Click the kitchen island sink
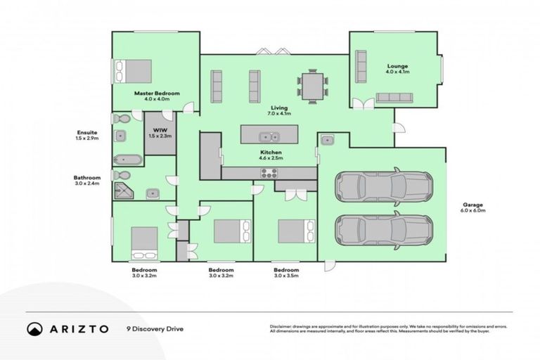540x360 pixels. point(269,136)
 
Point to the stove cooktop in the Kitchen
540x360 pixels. point(270,174)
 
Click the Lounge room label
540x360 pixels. point(397,69)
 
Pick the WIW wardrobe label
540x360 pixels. point(160,133)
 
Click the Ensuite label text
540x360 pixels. point(88,135)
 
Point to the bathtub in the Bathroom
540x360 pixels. point(127,159)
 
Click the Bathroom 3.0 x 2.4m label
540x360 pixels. point(87,181)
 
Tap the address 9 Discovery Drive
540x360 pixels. point(155,328)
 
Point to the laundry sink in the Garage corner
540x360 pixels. point(328,141)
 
